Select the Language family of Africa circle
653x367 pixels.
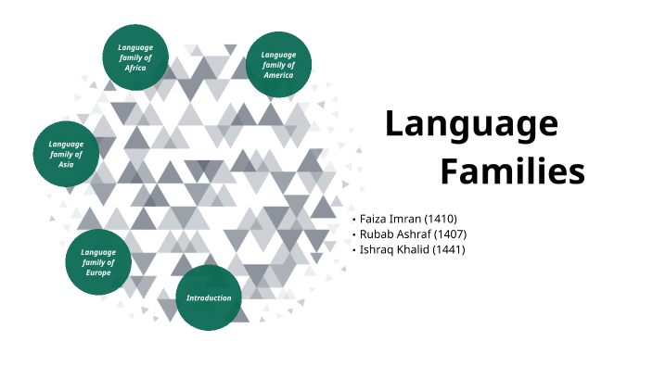pos(135,57)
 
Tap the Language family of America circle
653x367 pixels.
pos(277,64)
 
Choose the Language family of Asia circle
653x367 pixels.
pos(66,154)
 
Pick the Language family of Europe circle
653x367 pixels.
pos(98,262)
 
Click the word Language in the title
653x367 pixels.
pos(471,123)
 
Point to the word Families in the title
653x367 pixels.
pos(512,171)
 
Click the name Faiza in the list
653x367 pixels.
pos(374,218)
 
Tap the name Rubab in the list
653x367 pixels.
pos(377,234)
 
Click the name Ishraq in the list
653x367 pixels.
pos(377,249)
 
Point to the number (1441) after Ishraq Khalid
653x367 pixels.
pos(446,249)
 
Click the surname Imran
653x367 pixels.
pos(405,218)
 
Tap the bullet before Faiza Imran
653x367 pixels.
pos(353,219)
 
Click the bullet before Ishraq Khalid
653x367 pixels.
pos(353,250)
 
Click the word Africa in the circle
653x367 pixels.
pos(135,69)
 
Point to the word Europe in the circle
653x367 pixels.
pos(98,273)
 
